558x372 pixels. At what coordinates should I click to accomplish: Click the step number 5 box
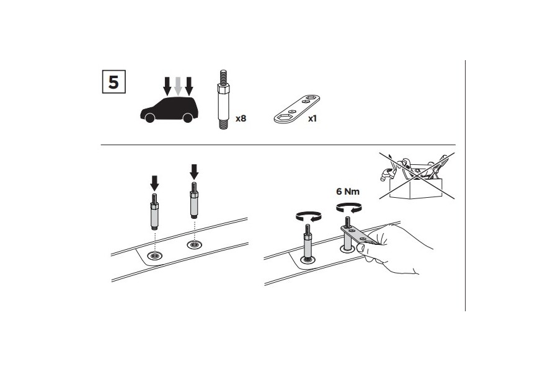(114, 82)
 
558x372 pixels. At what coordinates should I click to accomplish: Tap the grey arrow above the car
(178, 86)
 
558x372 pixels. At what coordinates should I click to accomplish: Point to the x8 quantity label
(241, 118)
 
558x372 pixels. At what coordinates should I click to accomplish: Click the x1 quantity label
(312, 118)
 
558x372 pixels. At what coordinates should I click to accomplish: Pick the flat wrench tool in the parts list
(297, 109)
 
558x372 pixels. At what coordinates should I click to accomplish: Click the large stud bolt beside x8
(223, 100)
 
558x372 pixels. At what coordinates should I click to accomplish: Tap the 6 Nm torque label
(348, 192)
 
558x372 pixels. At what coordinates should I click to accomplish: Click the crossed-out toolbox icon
(417, 176)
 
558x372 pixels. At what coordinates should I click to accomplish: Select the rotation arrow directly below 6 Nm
(349, 207)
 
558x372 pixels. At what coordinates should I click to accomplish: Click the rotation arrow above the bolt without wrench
(309, 216)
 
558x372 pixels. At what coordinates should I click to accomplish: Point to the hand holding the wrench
(393, 249)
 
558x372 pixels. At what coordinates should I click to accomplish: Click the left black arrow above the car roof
(167, 86)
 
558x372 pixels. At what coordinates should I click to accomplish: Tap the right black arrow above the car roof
(189, 86)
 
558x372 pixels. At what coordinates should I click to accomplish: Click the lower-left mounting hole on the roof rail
(155, 255)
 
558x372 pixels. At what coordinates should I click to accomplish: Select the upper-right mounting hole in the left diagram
(194, 244)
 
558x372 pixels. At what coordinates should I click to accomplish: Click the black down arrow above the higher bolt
(194, 172)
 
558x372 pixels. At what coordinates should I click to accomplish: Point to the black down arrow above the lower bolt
(154, 183)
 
